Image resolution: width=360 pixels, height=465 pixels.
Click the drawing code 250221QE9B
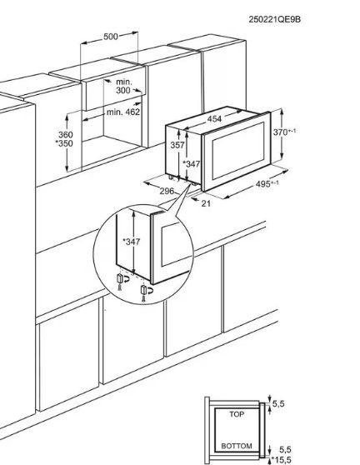point(274,19)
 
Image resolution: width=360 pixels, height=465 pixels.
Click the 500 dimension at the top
point(111,37)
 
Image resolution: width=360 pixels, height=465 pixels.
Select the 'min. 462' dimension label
point(123,112)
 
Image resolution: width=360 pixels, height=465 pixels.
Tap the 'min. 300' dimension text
point(123,86)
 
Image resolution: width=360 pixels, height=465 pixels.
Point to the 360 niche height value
point(66,134)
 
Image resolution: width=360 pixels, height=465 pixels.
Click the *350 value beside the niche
point(64,143)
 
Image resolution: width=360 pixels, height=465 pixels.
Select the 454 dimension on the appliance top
point(214,119)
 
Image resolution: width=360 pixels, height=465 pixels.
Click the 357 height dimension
point(177,145)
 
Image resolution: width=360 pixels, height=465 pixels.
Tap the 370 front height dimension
point(284,132)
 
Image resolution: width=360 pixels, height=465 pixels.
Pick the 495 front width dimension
point(267,184)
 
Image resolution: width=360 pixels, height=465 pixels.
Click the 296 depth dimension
point(167,191)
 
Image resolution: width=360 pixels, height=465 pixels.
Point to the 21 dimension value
point(206,203)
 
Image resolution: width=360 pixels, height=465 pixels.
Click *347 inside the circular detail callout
point(132,242)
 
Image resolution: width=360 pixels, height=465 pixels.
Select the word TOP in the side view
point(237,414)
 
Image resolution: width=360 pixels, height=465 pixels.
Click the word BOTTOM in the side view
point(237,446)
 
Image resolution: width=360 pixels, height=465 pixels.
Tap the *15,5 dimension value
point(281,460)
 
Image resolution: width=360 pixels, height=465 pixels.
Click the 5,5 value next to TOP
point(278,403)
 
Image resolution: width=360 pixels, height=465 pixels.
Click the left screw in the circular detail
point(120,287)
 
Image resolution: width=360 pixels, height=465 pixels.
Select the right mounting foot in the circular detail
point(144,290)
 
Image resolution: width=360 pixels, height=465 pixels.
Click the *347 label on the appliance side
point(191,163)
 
